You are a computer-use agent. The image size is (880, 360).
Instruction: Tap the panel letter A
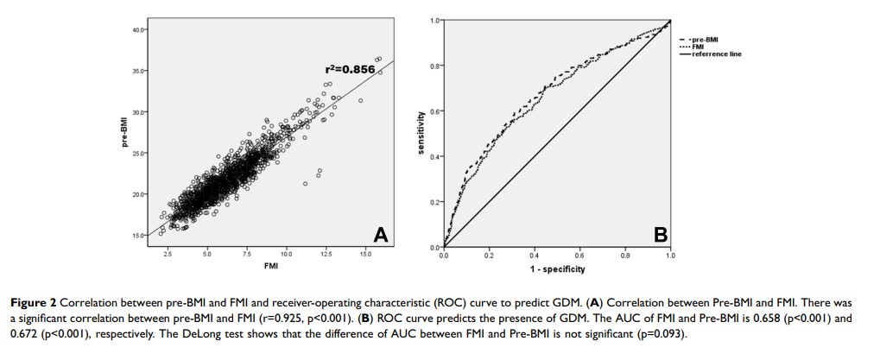point(380,233)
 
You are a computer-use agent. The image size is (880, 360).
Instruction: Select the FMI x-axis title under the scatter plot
point(271,266)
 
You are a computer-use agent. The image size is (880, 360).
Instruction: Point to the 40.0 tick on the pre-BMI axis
point(139,30)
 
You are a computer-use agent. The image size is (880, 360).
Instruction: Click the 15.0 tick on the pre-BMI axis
point(139,235)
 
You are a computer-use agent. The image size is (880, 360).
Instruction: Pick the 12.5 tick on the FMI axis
point(326,255)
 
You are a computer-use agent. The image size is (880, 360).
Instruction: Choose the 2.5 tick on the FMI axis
point(168,255)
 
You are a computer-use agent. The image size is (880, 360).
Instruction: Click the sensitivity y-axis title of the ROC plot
point(421,134)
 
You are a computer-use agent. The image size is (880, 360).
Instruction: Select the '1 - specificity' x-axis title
point(557,269)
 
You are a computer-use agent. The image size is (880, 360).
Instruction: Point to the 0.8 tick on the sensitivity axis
point(435,66)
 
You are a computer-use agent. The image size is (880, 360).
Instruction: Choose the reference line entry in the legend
point(716,54)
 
